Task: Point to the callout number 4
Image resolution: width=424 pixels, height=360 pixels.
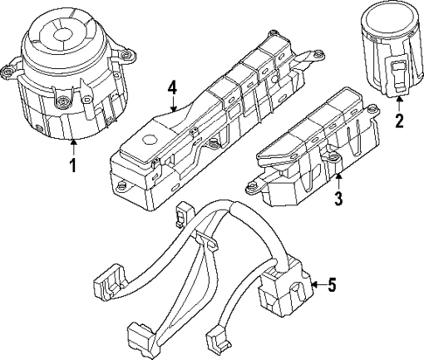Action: (x=172, y=87)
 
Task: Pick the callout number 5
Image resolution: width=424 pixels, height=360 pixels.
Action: (x=330, y=284)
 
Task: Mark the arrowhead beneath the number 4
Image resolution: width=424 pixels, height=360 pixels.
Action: (x=174, y=112)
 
